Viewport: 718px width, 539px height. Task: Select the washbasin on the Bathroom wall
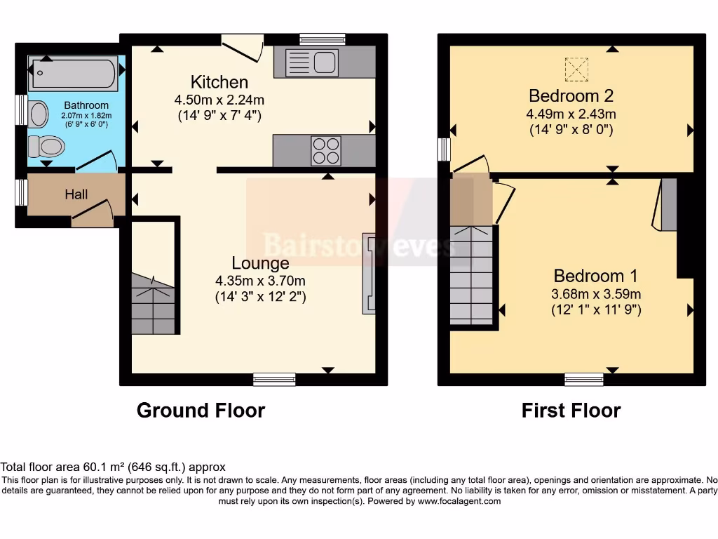pos(38,114)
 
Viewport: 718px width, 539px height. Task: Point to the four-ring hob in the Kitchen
pos(325,150)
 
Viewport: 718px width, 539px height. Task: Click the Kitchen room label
pos(219,82)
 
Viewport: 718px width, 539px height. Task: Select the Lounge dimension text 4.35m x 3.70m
pos(260,281)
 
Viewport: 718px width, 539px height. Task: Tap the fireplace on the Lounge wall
pos(368,273)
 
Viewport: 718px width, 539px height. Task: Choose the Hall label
pos(76,194)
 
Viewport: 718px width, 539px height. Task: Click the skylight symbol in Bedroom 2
pos(576,69)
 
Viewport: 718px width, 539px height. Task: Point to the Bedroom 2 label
pos(571,96)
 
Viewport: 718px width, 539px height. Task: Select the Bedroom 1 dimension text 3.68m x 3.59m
pos(596,293)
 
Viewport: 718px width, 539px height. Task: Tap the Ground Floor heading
pos(201,411)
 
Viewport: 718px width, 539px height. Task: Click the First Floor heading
pos(571,411)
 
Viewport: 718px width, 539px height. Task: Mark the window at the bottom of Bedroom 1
pos(584,380)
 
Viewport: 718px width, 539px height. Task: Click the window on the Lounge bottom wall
pos(274,380)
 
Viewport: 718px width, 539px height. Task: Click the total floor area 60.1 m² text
pos(113,467)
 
